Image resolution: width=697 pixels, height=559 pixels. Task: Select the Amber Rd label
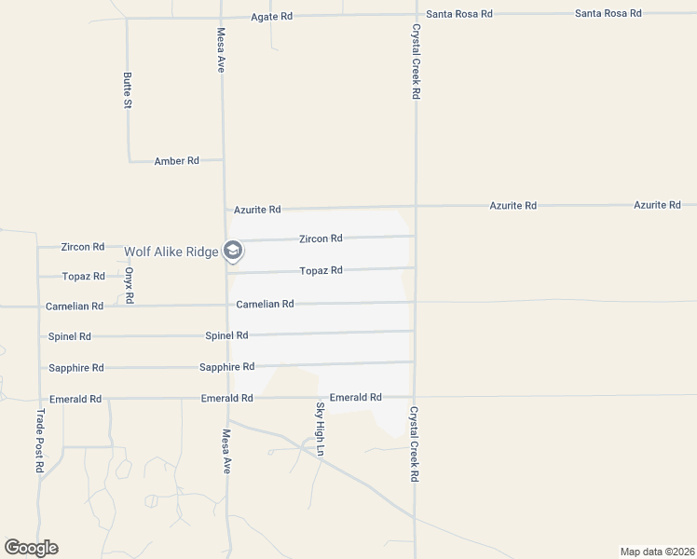(x=177, y=161)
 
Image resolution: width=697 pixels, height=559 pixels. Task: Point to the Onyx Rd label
(x=130, y=286)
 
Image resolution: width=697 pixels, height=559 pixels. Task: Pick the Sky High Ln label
(x=320, y=429)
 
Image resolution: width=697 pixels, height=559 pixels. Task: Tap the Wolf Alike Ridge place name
(x=171, y=251)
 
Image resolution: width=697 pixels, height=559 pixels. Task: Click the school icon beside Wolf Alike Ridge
(x=233, y=251)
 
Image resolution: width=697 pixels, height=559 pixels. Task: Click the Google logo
(x=31, y=548)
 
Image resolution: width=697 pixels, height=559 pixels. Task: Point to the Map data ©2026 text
(x=657, y=551)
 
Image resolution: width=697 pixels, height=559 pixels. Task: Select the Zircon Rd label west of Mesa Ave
(x=82, y=247)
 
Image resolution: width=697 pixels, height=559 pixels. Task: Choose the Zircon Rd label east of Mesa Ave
(x=321, y=239)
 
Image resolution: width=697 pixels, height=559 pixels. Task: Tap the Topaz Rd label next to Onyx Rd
(x=83, y=277)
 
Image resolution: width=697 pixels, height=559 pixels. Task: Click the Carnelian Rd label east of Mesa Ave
(x=265, y=304)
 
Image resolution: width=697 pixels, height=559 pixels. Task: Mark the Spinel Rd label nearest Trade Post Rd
(x=70, y=336)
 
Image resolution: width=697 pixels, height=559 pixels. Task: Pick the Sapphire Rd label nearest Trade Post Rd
(x=75, y=368)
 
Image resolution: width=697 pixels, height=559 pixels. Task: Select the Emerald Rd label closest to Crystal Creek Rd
(x=356, y=397)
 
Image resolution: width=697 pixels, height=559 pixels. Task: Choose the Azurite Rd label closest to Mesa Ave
(x=257, y=211)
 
